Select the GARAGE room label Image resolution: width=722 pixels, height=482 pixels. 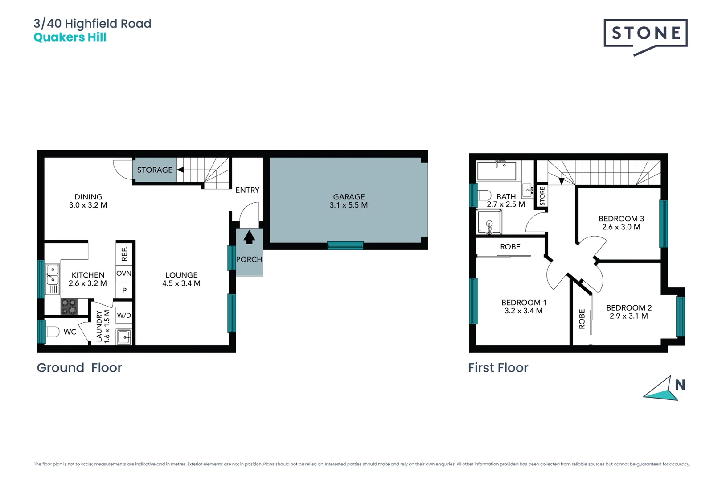coord(349,197)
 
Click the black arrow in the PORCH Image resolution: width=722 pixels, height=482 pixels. coord(249,237)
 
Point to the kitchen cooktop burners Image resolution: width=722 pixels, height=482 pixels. coord(69,307)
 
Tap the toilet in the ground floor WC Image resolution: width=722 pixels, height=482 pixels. coord(52,332)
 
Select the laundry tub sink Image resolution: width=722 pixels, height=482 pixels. coord(123,337)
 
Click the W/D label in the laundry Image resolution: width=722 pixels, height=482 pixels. coord(124,315)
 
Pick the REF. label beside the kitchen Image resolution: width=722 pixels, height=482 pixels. coord(124,254)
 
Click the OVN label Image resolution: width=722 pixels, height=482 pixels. coord(124,273)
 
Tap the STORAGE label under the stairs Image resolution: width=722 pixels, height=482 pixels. coord(155,170)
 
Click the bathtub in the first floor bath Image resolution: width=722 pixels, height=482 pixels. coord(496,171)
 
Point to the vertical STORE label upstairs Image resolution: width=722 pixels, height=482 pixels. coord(542,196)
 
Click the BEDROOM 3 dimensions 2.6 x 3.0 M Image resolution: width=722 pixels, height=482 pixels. coord(621,227)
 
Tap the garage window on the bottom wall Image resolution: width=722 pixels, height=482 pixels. coord(345,245)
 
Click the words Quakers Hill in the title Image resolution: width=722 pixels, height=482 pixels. coord(70,37)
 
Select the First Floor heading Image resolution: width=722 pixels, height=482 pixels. coord(498,368)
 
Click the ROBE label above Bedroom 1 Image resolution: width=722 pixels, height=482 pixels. coord(510,247)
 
